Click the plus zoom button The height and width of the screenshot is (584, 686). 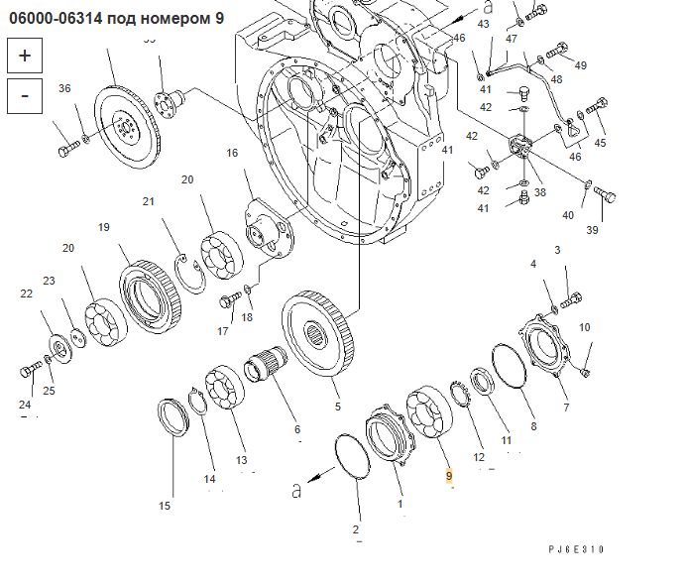click(x=25, y=56)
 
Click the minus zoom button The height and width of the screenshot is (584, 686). click(x=25, y=95)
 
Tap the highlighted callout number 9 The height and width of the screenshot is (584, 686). click(x=449, y=476)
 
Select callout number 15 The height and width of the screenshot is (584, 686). click(x=165, y=506)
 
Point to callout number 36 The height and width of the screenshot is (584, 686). click(x=64, y=89)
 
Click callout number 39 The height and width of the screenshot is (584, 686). click(x=593, y=230)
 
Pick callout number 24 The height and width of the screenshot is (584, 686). click(x=26, y=405)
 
